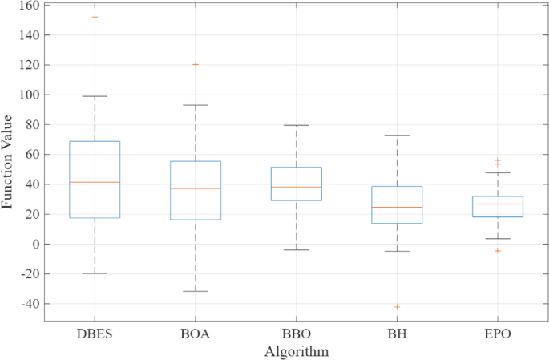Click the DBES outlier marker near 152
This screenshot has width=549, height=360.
(x=95, y=17)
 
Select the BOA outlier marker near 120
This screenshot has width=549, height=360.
(x=196, y=64)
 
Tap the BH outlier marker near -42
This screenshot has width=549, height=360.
(x=397, y=306)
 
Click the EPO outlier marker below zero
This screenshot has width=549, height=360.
(x=497, y=251)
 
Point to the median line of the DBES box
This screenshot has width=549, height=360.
(x=95, y=182)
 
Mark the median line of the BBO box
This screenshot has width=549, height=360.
(x=296, y=187)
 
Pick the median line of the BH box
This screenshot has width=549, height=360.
(x=397, y=207)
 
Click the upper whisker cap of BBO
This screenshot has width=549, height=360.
(x=296, y=125)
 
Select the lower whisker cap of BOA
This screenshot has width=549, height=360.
(x=196, y=291)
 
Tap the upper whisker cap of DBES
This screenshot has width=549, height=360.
(x=95, y=96)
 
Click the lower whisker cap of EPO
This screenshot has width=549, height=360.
(x=497, y=238)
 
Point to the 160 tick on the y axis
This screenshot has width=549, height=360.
(x=30, y=6)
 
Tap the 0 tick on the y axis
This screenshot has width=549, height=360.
(x=36, y=244)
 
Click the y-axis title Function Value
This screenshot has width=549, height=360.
(x=8, y=163)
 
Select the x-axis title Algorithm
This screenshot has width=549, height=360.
(x=296, y=351)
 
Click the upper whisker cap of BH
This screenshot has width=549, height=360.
(x=397, y=135)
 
